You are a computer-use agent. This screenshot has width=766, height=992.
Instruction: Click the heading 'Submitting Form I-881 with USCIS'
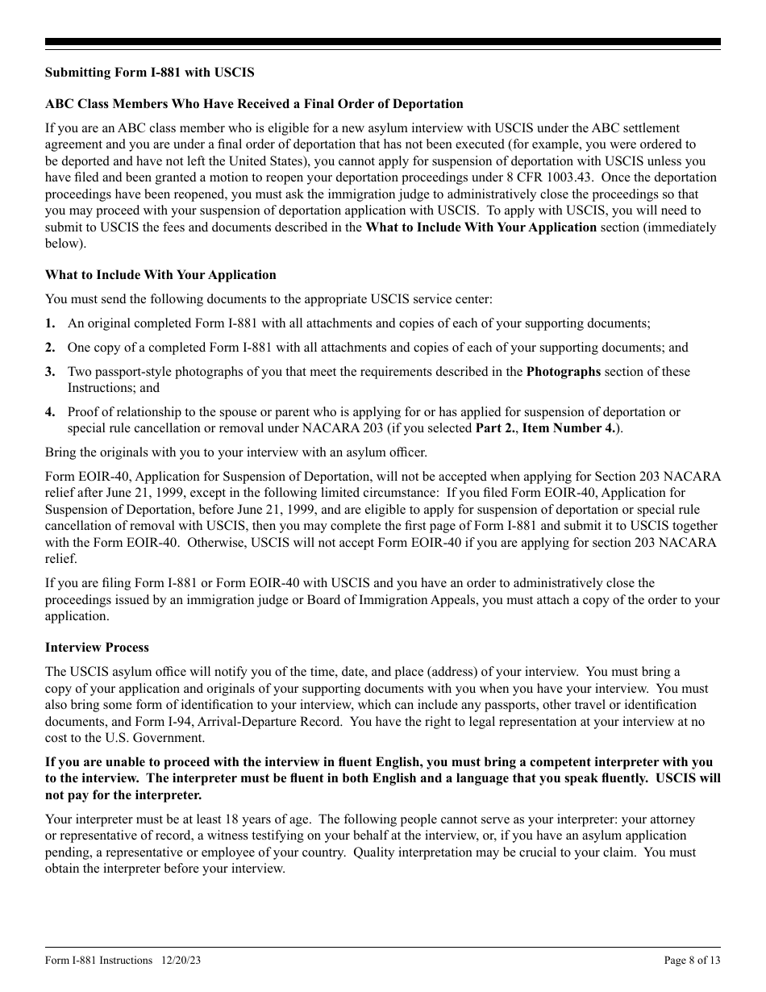(149, 73)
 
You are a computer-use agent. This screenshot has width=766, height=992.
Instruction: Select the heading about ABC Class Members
(254, 104)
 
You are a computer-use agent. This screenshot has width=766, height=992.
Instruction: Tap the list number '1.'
(50, 323)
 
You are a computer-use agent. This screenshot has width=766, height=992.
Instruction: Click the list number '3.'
(50, 373)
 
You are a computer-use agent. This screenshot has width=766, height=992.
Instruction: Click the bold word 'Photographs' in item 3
(563, 373)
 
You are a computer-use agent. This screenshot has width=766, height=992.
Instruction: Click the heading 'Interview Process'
(97, 648)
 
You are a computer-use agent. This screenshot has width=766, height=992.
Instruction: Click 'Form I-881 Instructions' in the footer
(98, 961)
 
